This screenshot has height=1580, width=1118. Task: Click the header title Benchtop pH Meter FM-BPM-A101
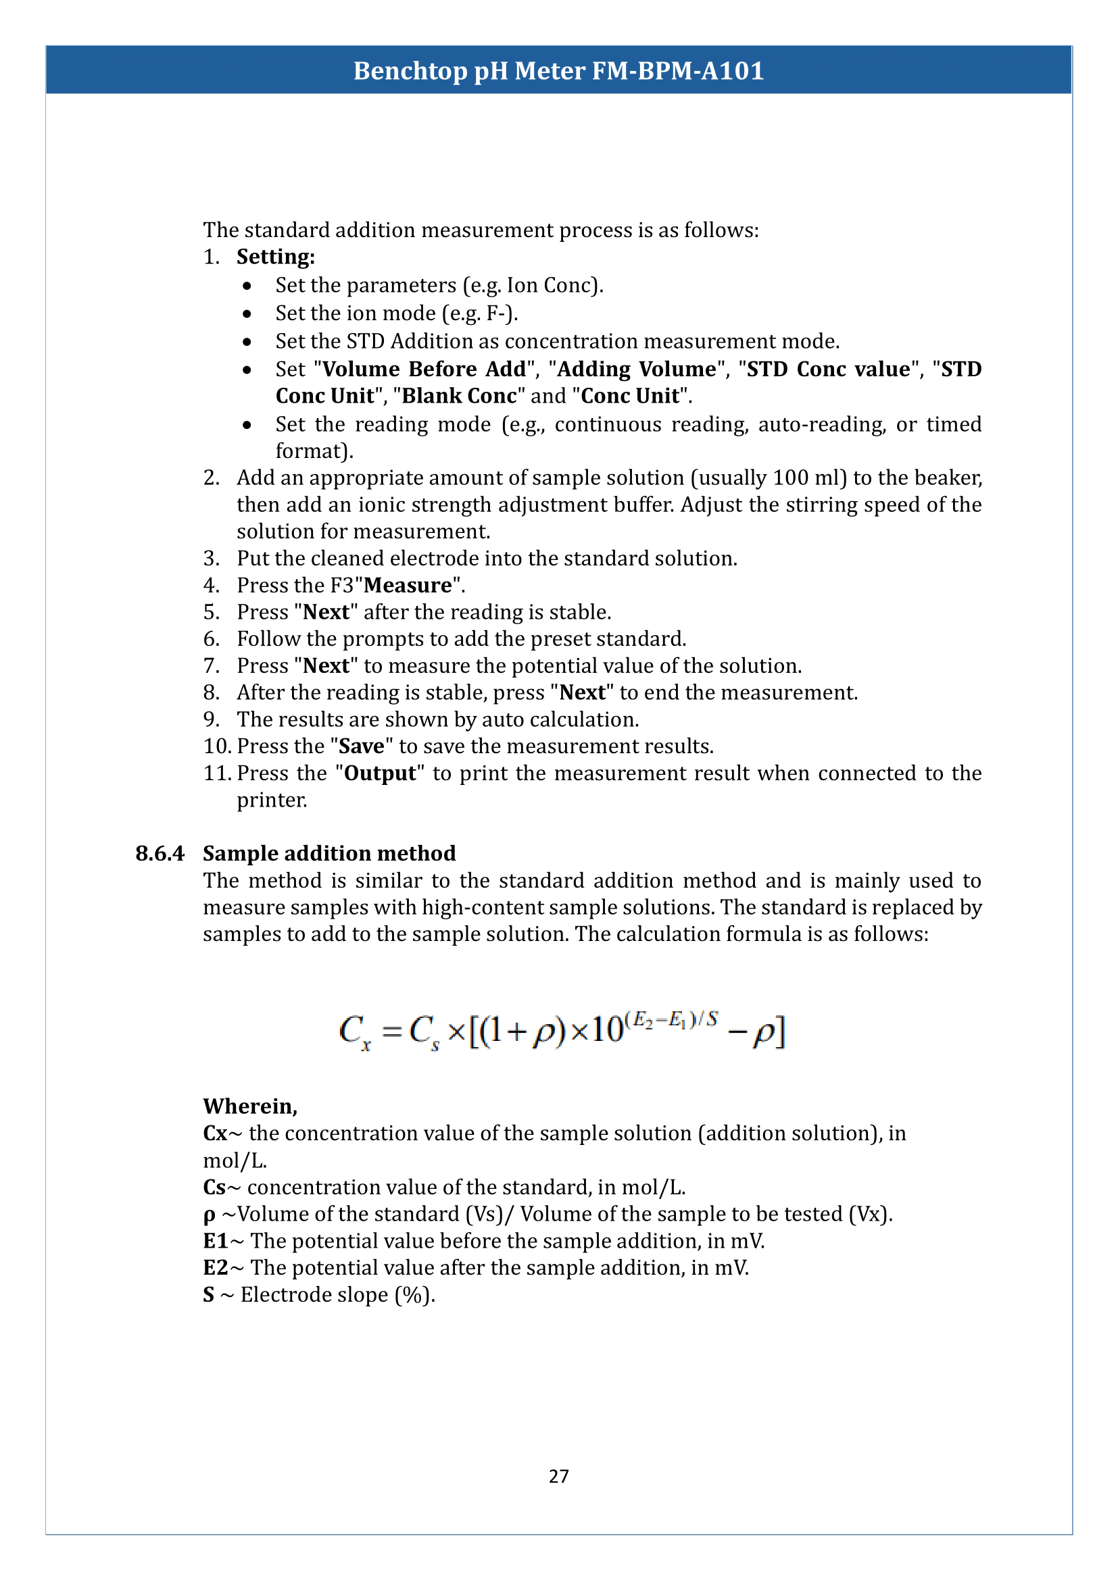click(558, 71)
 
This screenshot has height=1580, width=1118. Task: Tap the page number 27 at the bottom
click(558, 1476)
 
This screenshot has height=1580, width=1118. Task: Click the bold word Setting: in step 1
click(275, 257)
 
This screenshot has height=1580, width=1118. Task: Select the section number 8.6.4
click(160, 853)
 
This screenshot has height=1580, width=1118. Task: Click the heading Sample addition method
click(329, 853)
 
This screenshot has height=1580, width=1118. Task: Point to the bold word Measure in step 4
click(408, 586)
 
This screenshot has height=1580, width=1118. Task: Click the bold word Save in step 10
click(362, 746)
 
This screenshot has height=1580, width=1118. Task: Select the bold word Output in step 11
click(380, 773)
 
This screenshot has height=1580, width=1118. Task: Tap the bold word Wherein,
click(250, 1106)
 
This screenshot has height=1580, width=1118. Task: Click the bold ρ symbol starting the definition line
click(210, 1215)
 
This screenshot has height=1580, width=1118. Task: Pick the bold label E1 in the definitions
click(216, 1241)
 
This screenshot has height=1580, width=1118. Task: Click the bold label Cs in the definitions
click(214, 1187)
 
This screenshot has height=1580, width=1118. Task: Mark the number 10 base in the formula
click(606, 1031)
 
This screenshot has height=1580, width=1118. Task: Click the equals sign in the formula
click(392, 1031)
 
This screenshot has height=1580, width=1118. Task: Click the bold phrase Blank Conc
click(458, 397)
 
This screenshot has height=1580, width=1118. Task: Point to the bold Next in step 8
click(582, 693)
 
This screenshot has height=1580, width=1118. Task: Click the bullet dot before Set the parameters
click(247, 286)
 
